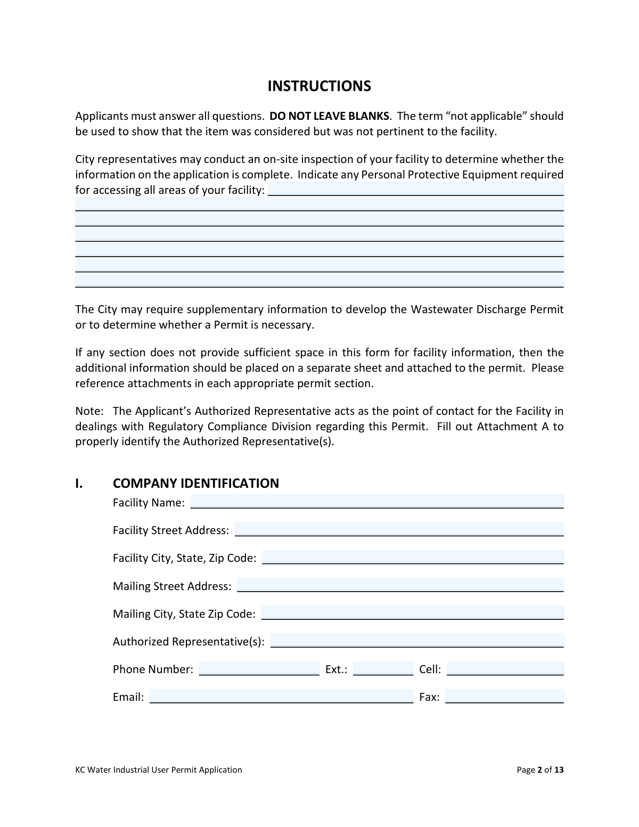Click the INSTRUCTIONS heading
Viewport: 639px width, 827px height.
tap(319, 86)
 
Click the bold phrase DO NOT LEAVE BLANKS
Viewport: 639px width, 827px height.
tap(329, 116)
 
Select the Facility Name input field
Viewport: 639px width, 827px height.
tap(376, 502)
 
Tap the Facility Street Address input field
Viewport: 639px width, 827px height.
tap(399, 529)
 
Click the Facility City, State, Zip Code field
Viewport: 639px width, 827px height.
tap(413, 557)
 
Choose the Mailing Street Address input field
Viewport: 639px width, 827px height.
tap(400, 585)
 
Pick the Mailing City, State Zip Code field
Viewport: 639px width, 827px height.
tap(412, 613)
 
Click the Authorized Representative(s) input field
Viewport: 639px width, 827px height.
tap(417, 641)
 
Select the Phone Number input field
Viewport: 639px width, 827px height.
tap(259, 669)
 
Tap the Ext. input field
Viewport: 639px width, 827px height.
tap(383, 669)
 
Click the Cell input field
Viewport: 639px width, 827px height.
tap(505, 669)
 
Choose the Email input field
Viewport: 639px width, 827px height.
tap(281, 697)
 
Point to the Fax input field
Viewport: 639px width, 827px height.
tap(504, 697)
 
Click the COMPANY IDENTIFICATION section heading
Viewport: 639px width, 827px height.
tap(195, 483)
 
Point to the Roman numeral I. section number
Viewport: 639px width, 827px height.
tap(79, 483)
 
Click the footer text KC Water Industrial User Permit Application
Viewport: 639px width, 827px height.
tap(159, 769)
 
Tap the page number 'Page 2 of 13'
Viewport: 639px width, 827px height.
tap(540, 769)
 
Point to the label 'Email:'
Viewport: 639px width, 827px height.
tap(128, 697)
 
